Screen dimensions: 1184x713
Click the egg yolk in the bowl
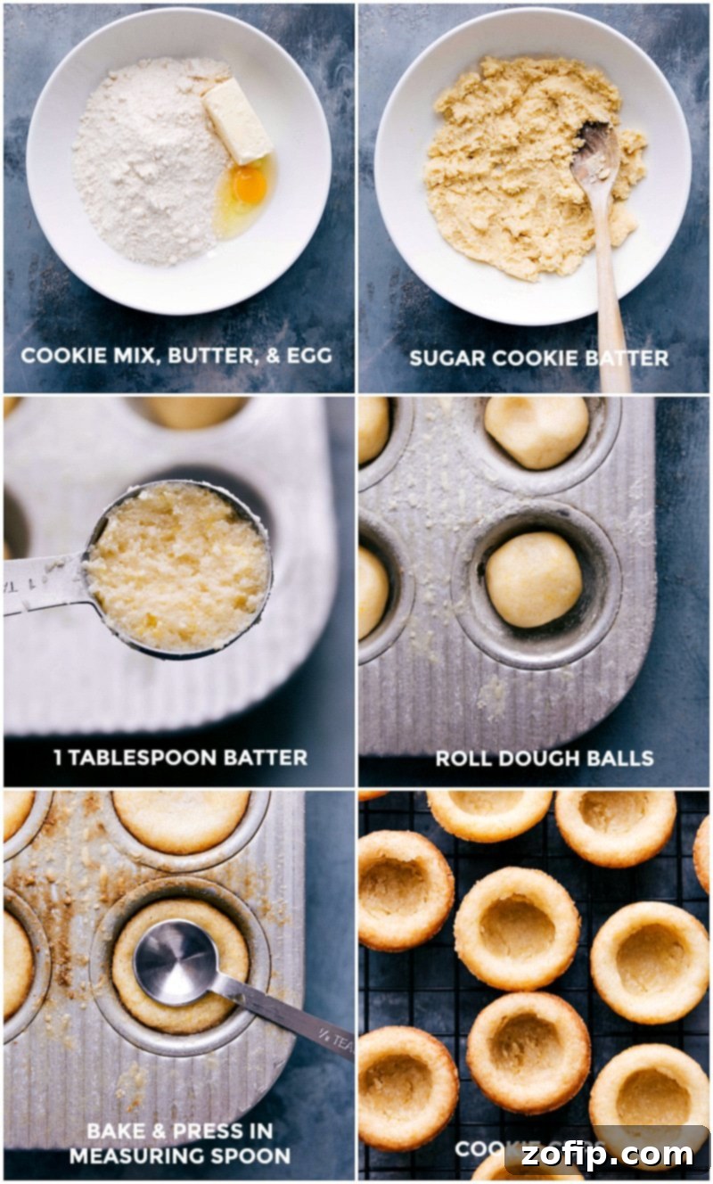coord(250,185)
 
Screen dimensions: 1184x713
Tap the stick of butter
coord(236,120)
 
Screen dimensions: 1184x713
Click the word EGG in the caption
coord(309,355)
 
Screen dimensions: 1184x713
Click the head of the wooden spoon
coord(594,156)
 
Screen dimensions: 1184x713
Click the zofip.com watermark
coord(609,1155)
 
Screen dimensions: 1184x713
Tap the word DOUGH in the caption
coord(537,759)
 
